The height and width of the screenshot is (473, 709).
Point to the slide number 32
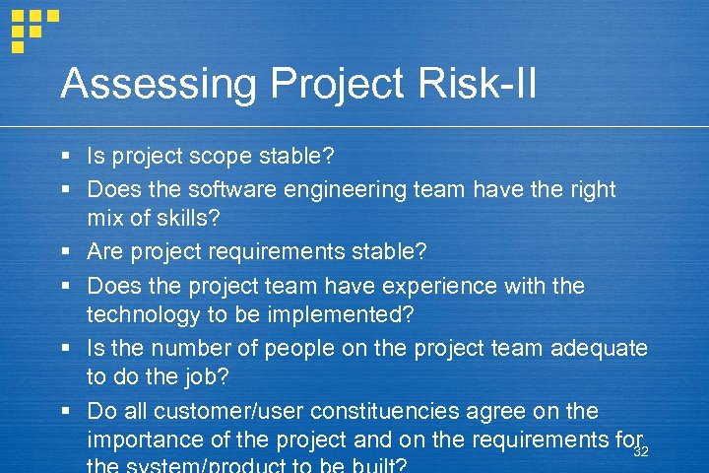point(641,451)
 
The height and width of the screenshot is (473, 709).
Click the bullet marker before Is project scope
point(64,157)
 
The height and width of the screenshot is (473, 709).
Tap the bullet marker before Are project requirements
point(64,252)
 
